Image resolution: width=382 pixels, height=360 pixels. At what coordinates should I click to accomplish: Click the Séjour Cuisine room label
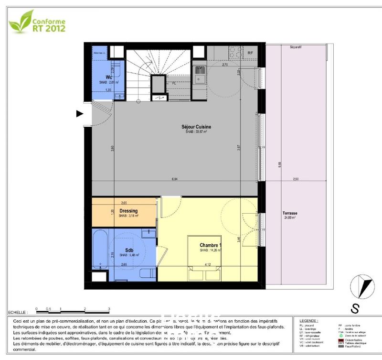[x=196, y=127]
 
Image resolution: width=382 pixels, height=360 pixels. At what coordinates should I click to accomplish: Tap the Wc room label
[x=109, y=77]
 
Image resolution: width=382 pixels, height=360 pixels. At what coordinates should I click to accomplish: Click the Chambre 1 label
[x=211, y=246]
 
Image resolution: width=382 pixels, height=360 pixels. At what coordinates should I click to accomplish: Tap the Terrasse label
[x=289, y=213]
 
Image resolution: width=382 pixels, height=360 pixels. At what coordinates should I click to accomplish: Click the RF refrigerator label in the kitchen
[x=250, y=53]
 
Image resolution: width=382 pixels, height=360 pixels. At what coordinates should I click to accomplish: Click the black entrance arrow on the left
[x=80, y=113]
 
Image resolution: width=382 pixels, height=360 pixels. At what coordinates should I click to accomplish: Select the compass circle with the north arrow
[x=362, y=287]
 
